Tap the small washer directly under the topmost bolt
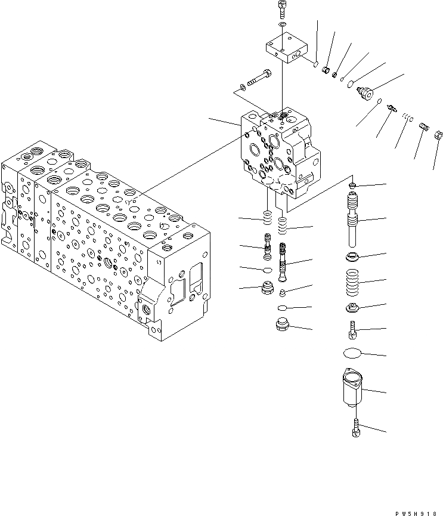point(283,25)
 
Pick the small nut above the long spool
point(353,186)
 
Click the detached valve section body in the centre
point(279,152)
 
